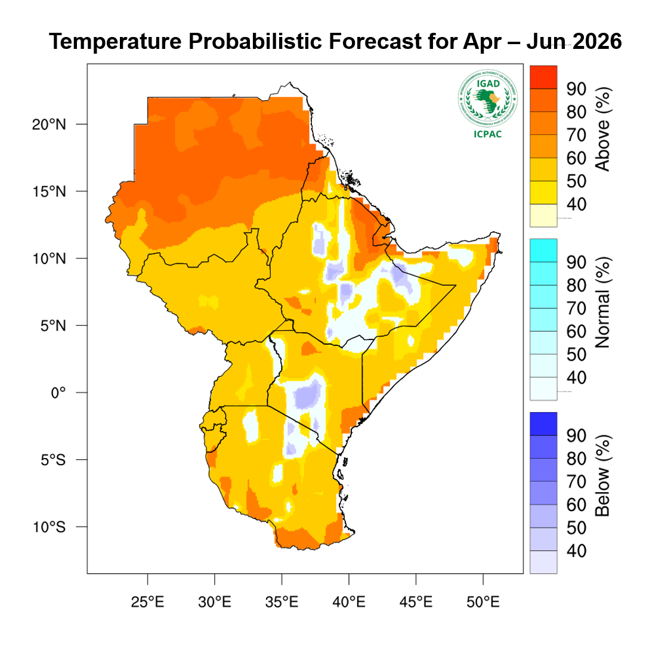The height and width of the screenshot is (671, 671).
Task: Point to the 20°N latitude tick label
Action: tap(49, 125)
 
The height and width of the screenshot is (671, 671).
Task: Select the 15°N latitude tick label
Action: tap(49, 191)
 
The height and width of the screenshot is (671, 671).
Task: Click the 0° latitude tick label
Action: tap(58, 392)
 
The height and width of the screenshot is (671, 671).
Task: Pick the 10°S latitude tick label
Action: tap(49, 527)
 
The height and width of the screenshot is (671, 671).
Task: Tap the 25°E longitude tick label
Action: tap(147, 602)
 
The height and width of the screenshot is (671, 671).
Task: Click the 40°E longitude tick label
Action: tap(349, 602)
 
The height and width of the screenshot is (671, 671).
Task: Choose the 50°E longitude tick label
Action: tap(483, 602)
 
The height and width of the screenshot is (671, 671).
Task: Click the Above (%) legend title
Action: tap(603, 129)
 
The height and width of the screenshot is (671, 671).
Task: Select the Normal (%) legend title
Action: tap(603, 303)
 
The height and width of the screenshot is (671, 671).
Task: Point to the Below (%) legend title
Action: tap(603, 476)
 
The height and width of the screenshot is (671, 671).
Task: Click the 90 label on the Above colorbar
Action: tap(577, 89)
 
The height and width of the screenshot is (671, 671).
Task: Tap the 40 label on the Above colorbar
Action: tap(577, 204)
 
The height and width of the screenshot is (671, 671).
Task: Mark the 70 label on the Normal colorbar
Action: tap(577, 308)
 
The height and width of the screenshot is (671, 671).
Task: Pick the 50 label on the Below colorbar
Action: tap(577, 528)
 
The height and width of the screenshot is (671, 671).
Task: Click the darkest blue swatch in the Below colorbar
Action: tap(543, 423)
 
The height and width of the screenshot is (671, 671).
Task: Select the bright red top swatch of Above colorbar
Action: tap(543, 77)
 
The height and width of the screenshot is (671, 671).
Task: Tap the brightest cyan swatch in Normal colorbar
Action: tap(543, 250)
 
